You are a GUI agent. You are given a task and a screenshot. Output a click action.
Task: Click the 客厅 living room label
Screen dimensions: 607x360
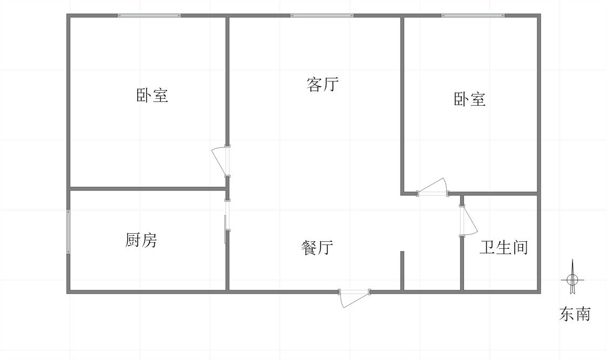pyautogui.click(x=323, y=84)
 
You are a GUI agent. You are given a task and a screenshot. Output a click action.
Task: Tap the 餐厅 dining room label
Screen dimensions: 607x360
pyautogui.click(x=317, y=247)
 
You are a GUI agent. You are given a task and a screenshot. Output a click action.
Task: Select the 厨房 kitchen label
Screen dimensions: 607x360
pyautogui.click(x=141, y=240)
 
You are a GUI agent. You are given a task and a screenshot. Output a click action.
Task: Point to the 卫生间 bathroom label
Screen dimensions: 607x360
pyautogui.click(x=503, y=247)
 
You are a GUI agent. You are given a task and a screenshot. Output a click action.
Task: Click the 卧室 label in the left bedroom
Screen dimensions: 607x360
pyautogui.click(x=152, y=95)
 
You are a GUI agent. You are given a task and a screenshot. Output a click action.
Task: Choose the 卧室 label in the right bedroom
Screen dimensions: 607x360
pyautogui.click(x=469, y=99)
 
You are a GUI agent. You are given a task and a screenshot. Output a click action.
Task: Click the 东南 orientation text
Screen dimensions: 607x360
pyautogui.click(x=575, y=314)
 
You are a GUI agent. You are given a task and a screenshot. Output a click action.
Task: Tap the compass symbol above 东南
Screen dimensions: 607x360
pyautogui.click(x=572, y=278)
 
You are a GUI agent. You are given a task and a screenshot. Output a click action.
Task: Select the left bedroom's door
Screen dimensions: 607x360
pyautogui.click(x=221, y=161)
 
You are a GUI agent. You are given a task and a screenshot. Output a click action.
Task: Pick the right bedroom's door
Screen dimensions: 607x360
pyautogui.click(x=432, y=188)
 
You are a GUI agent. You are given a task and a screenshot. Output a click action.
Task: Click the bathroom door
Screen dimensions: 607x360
pyautogui.click(x=468, y=220)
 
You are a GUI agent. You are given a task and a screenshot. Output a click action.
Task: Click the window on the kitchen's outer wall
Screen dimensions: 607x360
pyautogui.click(x=69, y=232)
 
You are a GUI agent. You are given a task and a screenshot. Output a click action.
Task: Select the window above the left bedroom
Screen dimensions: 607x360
pyautogui.click(x=149, y=16)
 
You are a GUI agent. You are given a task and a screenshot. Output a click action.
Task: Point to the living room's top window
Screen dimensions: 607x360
pyautogui.click(x=322, y=16)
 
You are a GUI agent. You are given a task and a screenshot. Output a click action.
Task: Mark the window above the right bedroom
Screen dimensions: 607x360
pyautogui.click(x=473, y=16)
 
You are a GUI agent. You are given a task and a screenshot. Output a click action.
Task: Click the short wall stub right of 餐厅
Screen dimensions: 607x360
pyautogui.click(x=402, y=270)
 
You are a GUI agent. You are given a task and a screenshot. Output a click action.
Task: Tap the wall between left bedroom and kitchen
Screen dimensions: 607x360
pyautogui.click(x=148, y=189)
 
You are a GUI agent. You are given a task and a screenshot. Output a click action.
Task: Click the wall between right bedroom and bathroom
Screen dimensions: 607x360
pyautogui.click(x=500, y=194)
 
